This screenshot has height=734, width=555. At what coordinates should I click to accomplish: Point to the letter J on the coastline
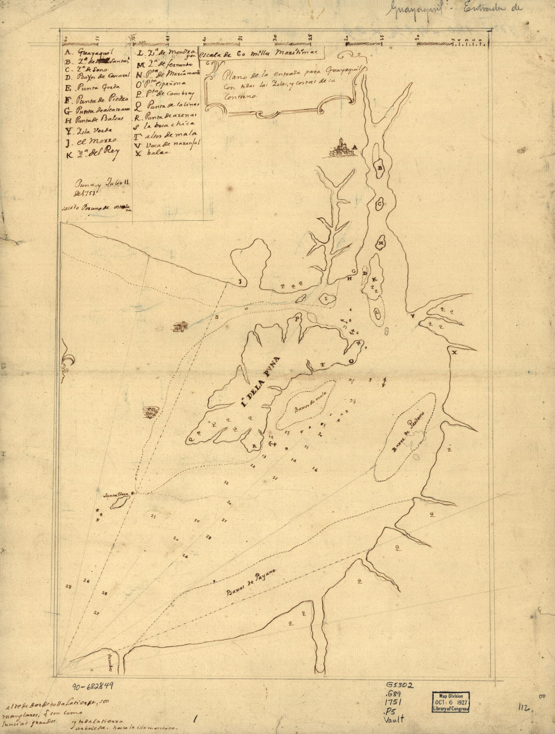coord(241,282)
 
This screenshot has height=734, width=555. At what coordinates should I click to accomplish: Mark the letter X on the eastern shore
coord(454,352)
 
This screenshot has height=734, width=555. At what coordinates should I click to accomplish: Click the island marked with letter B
coord(381,167)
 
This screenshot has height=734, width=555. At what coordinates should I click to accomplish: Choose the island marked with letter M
coord(381,243)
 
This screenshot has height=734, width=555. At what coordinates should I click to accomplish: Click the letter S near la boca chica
coord(218,318)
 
